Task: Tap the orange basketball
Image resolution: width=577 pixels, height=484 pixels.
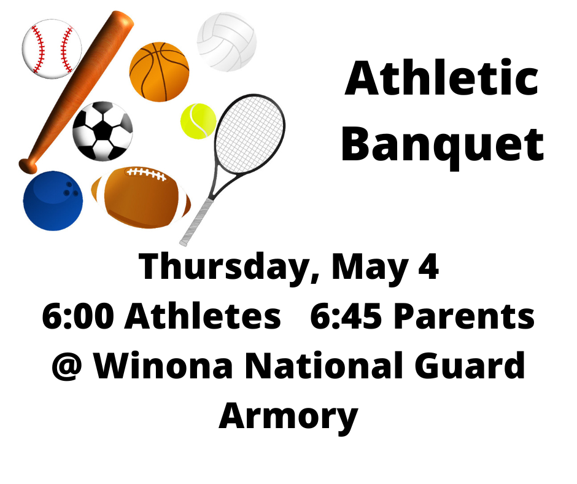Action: point(159,71)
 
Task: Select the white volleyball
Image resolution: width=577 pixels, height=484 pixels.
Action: point(227,42)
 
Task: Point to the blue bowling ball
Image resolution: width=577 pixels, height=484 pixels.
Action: point(53,201)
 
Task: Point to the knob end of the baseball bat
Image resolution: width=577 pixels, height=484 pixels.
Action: point(28,165)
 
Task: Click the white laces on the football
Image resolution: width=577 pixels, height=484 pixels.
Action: point(146,174)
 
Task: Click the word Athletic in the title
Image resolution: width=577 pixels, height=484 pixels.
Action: point(441,80)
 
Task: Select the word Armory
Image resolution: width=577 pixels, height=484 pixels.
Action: point(288,416)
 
